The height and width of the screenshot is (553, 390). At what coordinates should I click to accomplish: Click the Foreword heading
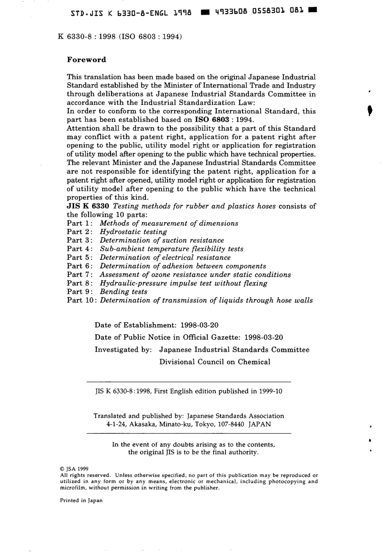tap(87, 60)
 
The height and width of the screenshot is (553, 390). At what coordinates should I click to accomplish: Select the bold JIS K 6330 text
tap(88, 206)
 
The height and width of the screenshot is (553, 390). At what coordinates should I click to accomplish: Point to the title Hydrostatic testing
tap(133, 232)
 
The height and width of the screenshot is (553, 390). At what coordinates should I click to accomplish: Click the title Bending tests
tap(124, 292)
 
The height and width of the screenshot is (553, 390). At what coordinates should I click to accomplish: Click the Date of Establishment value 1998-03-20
tap(200, 325)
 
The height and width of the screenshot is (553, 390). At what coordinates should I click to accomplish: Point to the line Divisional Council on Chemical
tap(215, 362)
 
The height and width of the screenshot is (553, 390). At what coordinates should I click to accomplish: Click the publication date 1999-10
tap(271, 391)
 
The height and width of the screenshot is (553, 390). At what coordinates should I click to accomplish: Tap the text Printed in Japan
tap(81, 500)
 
